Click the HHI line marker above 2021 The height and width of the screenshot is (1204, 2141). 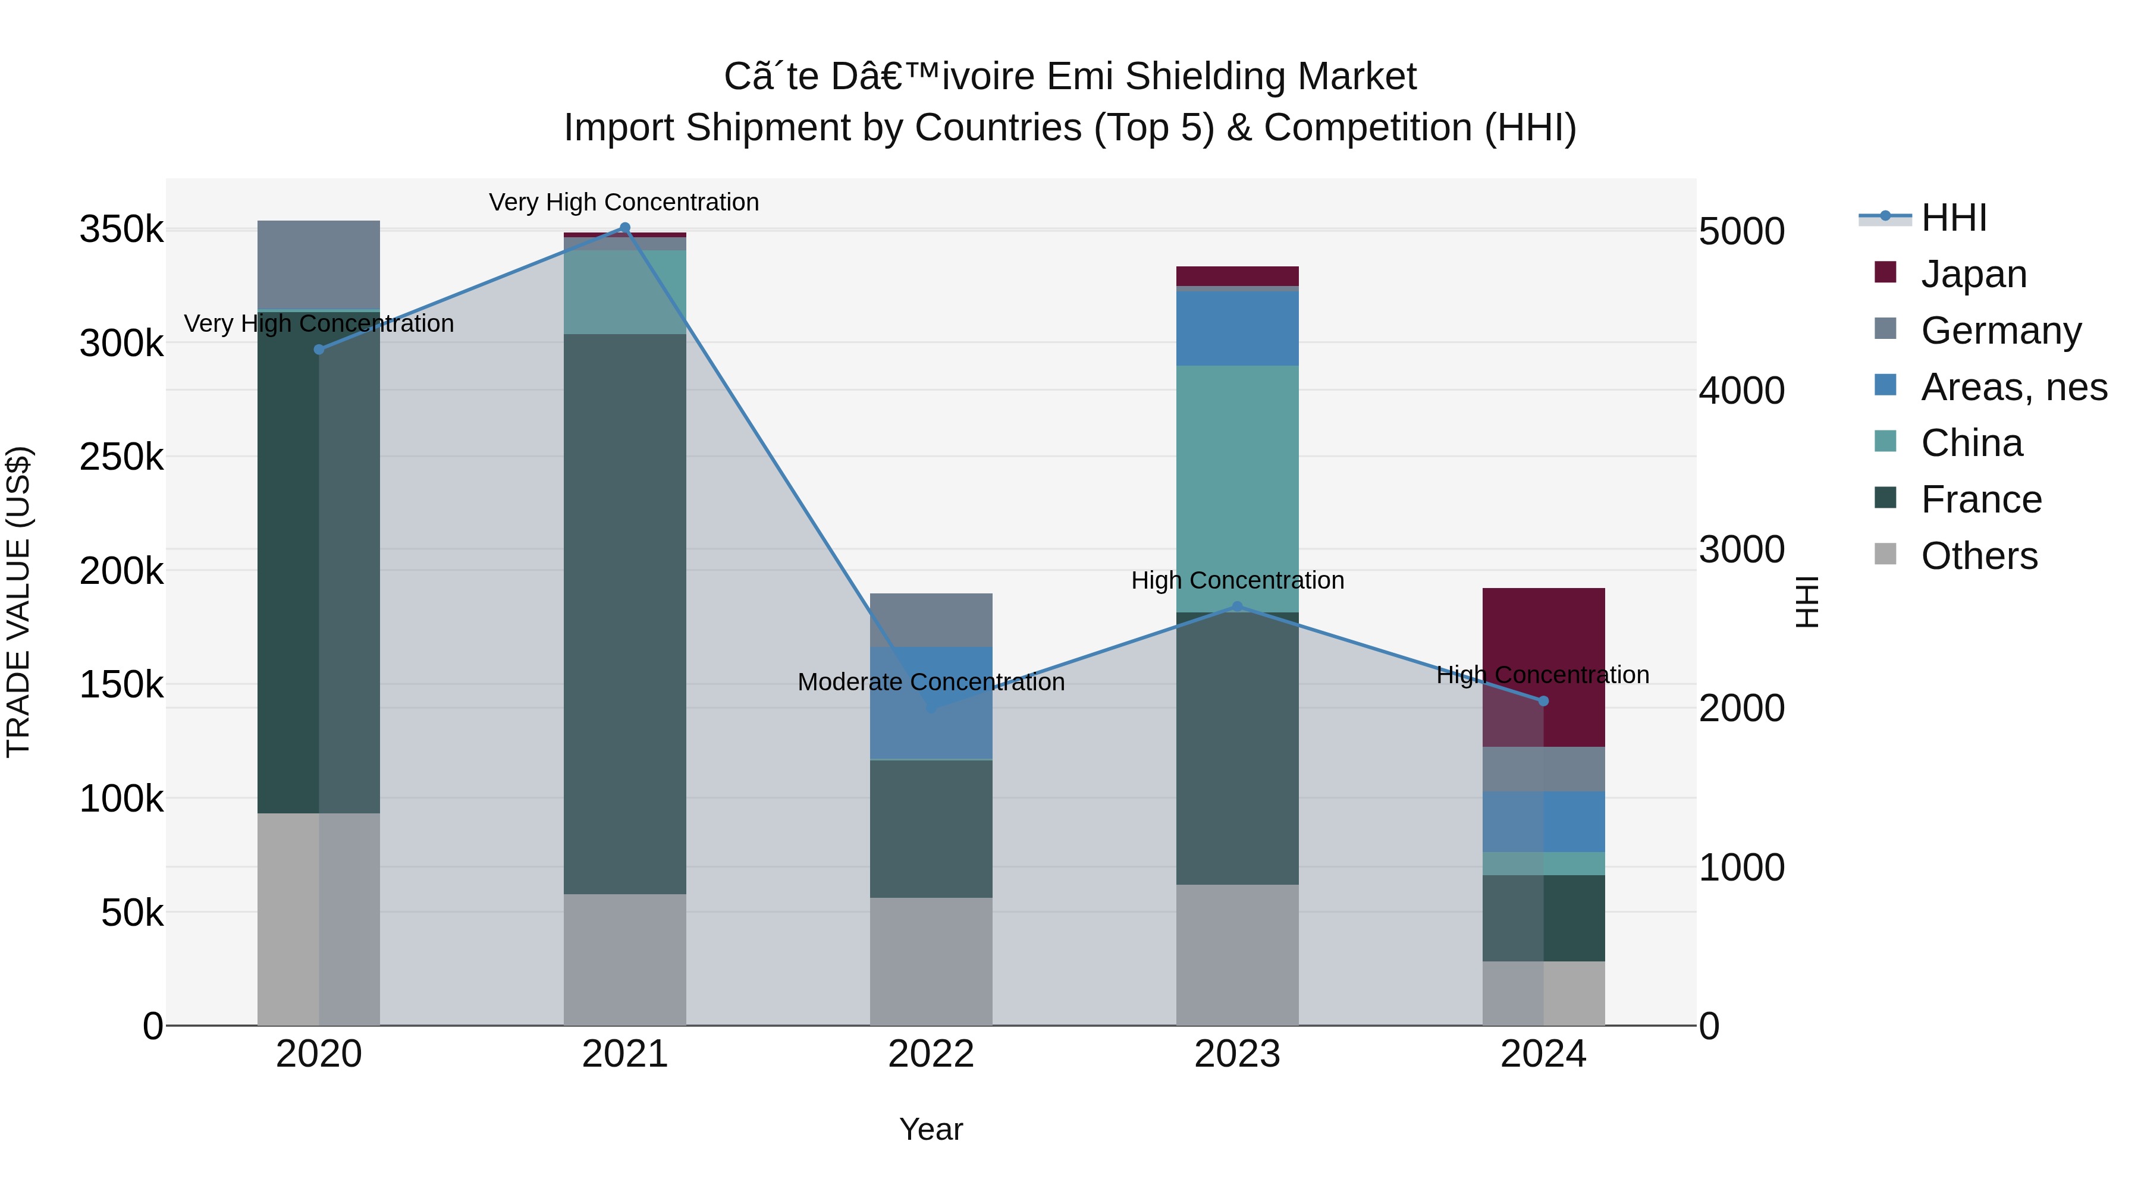coord(625,228)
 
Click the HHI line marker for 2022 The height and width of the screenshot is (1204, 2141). coord(931,708)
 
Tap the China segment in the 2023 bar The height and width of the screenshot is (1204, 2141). coord(1237,489)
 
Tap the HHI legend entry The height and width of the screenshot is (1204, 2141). coord(1953,218)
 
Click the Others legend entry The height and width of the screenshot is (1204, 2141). coord(1978,556)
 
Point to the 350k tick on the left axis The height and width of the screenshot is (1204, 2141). coord(121,230)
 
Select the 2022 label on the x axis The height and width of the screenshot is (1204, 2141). coord(931,1054)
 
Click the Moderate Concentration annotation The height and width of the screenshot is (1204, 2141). coord(931,682)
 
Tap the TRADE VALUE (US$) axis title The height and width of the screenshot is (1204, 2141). coord(18,602)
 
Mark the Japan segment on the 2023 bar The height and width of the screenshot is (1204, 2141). coord(1237,276)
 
